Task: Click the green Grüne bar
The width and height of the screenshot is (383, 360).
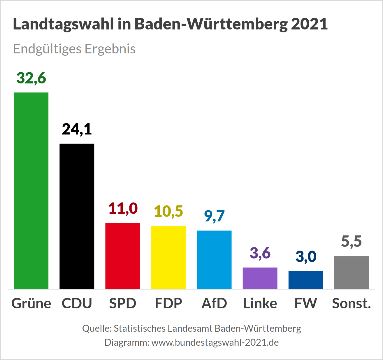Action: pyautogui.click(x=31, y=191)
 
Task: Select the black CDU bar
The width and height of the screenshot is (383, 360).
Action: pyautogui.click(x=77, y=216)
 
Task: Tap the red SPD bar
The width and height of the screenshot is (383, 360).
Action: pyautogui.click(x=123, y=256)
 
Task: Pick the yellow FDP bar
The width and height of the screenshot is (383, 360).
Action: pyautogui.click(x=168, y=257)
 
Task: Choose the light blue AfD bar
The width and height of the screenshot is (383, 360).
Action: pyautogui.click(x=214, y=260)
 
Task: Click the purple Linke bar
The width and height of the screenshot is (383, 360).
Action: pyautogui.click(x=260, y=278)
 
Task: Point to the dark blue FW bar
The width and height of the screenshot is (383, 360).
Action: pyautogui.click(x=306, y=280)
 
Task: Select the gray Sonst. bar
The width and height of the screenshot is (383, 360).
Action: pyautogui.click(x=352, y=272)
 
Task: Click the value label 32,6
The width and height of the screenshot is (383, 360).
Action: pyautogui.click(x=31, y=78)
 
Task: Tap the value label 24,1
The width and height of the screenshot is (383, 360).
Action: pyautogui.click(x=77, y=129)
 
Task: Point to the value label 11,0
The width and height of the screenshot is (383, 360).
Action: pyautogui.click(x=123, y=209)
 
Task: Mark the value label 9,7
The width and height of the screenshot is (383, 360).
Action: pyautogui.click(x=214, y=216)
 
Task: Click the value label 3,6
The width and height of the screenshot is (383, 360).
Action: pyautogui.click(x=260, y=253)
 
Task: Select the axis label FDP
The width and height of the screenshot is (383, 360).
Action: pyautogui.click(x=168, y=303)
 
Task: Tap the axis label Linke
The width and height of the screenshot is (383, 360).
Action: pyautogui.click(x=260, y=303)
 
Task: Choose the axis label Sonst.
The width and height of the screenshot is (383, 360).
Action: pyautogui.click(x=352, y=303)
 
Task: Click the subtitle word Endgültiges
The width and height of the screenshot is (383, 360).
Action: pyautogui.click(x=47, y=49)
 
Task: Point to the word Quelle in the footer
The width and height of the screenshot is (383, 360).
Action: pyautogui.click(x=96, y=328)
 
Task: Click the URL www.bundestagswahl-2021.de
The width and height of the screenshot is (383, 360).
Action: pyautogui.click(x=215, y=342)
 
